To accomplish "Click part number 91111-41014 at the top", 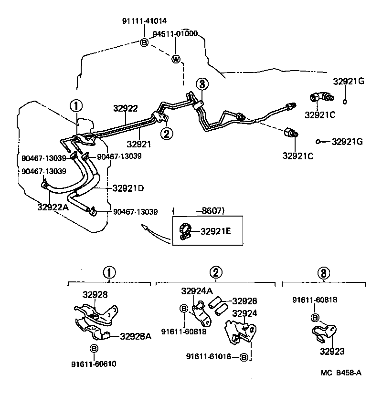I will pyautogui.click(x=144, y=21).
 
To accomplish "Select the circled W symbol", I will pyautogui.click(x=176, y=59).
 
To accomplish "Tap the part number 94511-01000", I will pyautogui.click(x=175, y=34).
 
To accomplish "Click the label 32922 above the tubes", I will pyautogui.click(x=126, y=108).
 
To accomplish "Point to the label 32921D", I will pyautogui.click(x=128, y=188).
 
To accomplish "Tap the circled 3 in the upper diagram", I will pyautogui.click(x=202, y=84).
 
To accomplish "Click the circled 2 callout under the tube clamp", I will pyautogui.click(x=167, y=133).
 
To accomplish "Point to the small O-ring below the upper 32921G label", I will pyautogui.click(x=345, y=101).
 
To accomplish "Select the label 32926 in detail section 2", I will pyautogui.click(x=244, y=301).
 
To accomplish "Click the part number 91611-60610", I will pyautogui.click(x=94, y=363).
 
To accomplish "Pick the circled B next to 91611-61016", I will pyautogui.click(x=244, y=357).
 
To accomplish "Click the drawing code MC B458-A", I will pyautogui.click(x=340, y=373).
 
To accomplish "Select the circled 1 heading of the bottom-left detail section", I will pyautogui.click(x=109, y=273).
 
